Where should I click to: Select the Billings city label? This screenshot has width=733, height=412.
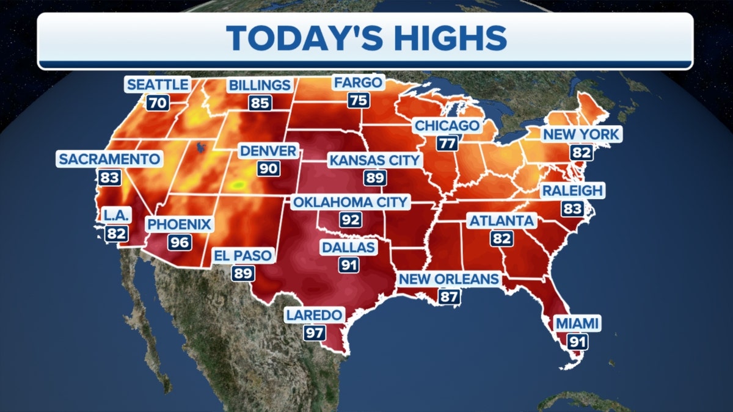click(259, 85)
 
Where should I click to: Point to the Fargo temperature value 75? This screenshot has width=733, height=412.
click(359, 100)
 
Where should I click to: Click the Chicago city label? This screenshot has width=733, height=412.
click(447, 126)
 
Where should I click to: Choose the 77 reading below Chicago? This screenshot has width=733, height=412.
click(447, 144)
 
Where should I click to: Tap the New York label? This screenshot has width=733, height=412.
click(580, 134)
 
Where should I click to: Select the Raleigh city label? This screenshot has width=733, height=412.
click(572, 191)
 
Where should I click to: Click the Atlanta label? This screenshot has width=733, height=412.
click(501, 221)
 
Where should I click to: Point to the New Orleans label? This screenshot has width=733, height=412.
click(449, 279)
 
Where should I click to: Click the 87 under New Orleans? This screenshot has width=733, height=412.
click(449, 297)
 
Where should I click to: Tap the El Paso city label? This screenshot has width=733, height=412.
click(243, 255)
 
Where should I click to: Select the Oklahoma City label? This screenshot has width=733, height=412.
click(351, 202)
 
